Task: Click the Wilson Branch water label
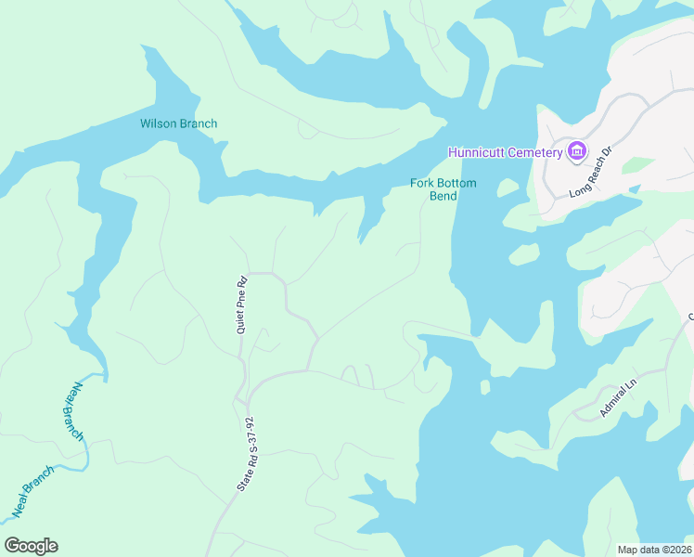pos(178,123)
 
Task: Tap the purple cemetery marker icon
pos(577,151)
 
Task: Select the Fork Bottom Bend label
pos(443,189)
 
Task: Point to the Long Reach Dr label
pos(591,173)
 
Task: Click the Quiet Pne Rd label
pos(241,305)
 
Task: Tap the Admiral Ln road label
pos(619,397)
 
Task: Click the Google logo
pos(31,546)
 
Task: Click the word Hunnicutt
pos(476,152)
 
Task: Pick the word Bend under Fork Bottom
pos(443,196)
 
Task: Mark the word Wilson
pos(159,123)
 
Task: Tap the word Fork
pos(423,183)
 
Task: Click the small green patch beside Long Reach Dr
pos(636,164)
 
